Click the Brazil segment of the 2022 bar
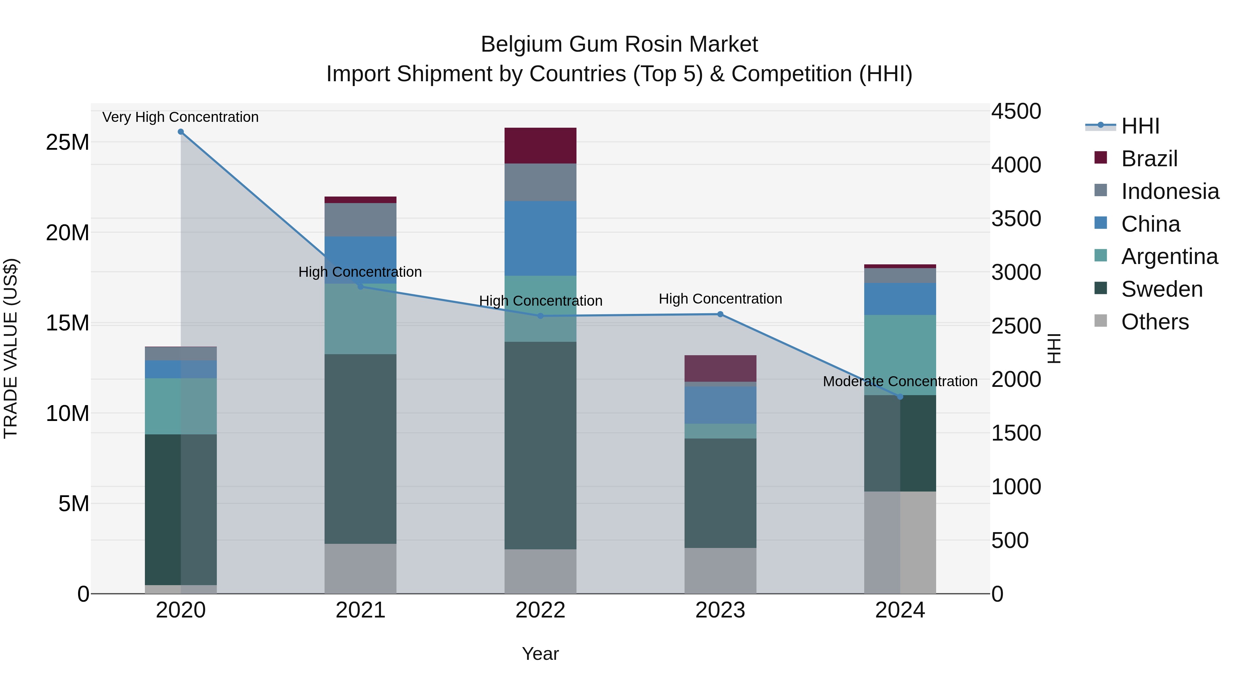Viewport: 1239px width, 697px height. [x=540, y=145]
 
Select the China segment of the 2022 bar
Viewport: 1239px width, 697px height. [x=540, y=238]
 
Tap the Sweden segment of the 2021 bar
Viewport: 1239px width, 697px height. [x=360, y=449]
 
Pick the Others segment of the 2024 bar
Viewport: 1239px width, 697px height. [x=900, y=542]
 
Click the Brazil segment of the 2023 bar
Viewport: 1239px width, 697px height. [x=720, y=368]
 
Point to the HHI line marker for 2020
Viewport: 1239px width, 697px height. [x=181, y=132]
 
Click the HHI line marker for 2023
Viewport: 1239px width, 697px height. [x=720, y=314]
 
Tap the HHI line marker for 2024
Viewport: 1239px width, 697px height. [x=900, y=397]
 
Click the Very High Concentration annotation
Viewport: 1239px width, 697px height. [x=180, y=117]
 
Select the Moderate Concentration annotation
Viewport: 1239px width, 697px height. [x=900, y=381]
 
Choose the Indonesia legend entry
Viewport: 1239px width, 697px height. [x=1170, y=191]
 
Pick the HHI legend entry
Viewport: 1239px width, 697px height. [x=1140, y=126]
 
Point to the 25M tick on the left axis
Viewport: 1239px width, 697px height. [x=67, y=142]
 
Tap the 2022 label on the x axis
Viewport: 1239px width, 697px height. [x=540, y=610]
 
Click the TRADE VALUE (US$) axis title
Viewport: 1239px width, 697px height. [x=11, y=348]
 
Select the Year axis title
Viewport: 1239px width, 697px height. [x=540, y=654]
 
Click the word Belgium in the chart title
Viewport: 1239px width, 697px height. [x=521, y=44]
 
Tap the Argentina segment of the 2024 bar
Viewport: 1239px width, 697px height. [x=900, y=355]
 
